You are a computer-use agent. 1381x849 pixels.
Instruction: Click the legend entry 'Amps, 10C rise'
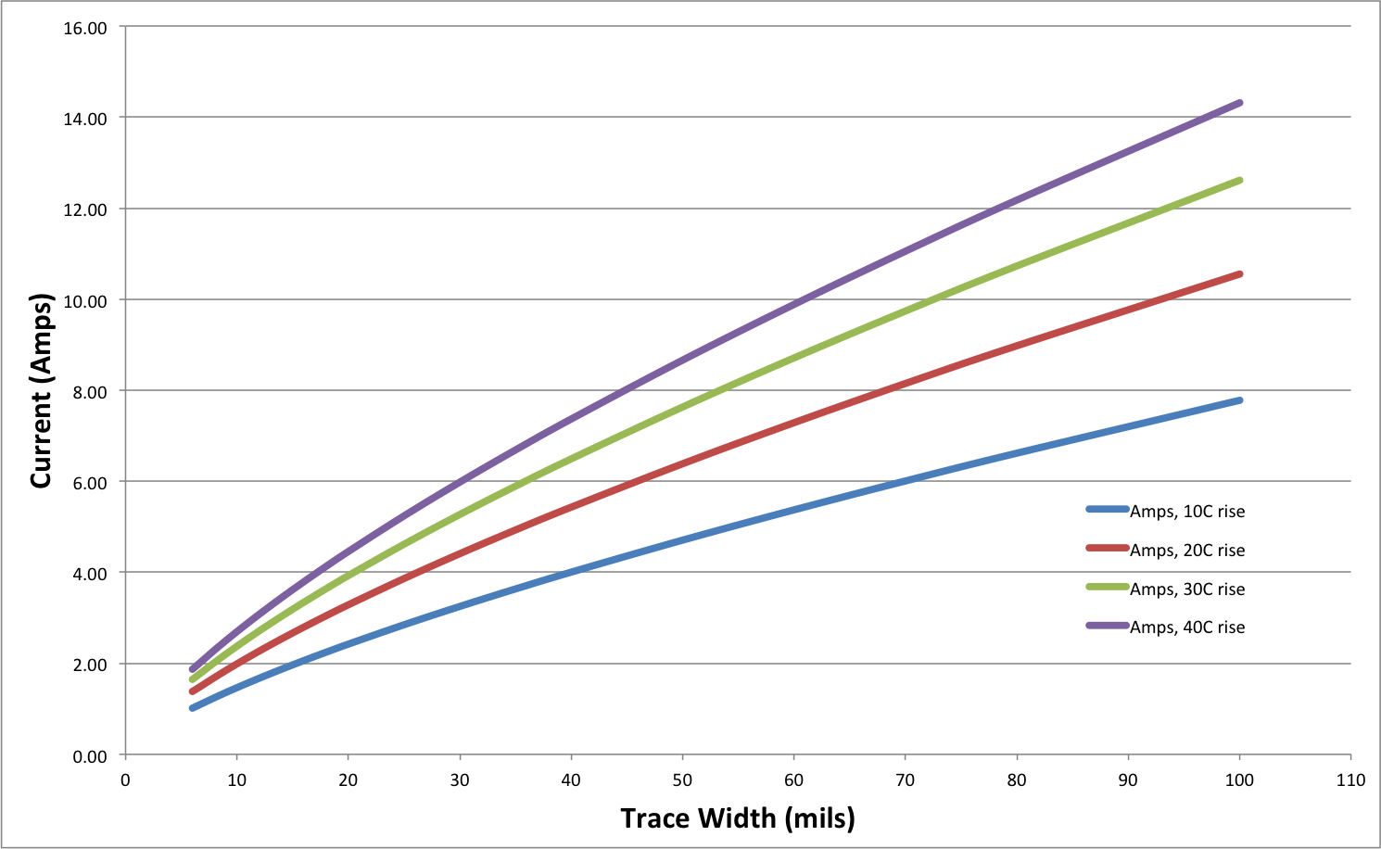click(1187, 512)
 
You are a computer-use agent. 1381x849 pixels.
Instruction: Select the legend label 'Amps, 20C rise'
click(1187, 551)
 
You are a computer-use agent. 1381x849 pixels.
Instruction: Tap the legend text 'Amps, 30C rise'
click(1187, 589)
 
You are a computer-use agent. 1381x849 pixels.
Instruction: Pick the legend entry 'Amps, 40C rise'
click(1187, 627)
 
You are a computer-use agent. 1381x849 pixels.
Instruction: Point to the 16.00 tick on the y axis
click(85, 29)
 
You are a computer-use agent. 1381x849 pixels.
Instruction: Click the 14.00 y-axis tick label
click(85, 119)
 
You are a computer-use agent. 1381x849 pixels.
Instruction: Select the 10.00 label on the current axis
click(85, 301)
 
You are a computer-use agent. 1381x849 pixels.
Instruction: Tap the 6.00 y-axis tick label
click(88, 483)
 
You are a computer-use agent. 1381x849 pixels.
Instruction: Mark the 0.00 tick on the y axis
click(88, 756)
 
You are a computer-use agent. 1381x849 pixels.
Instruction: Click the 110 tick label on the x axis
click(1350, 780)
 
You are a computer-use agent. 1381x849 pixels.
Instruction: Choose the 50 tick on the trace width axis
click(682, 780)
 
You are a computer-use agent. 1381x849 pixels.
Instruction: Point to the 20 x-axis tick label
click(348, 780)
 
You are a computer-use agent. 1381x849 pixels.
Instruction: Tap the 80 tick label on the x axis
click(1017, 780)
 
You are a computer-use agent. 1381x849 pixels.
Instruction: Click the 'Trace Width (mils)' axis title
click(738, 818)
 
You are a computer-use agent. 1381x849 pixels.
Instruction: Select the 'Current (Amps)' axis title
click(41, 391)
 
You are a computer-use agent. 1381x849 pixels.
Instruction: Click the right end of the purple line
click(1240, 103)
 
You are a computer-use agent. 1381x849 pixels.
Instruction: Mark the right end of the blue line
click(1240, 400)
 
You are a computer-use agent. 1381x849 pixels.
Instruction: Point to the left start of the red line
click(192, 691)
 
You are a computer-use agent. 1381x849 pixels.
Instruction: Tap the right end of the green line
click(1240, 181)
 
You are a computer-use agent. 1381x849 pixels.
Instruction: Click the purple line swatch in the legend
click(1108, 627)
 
